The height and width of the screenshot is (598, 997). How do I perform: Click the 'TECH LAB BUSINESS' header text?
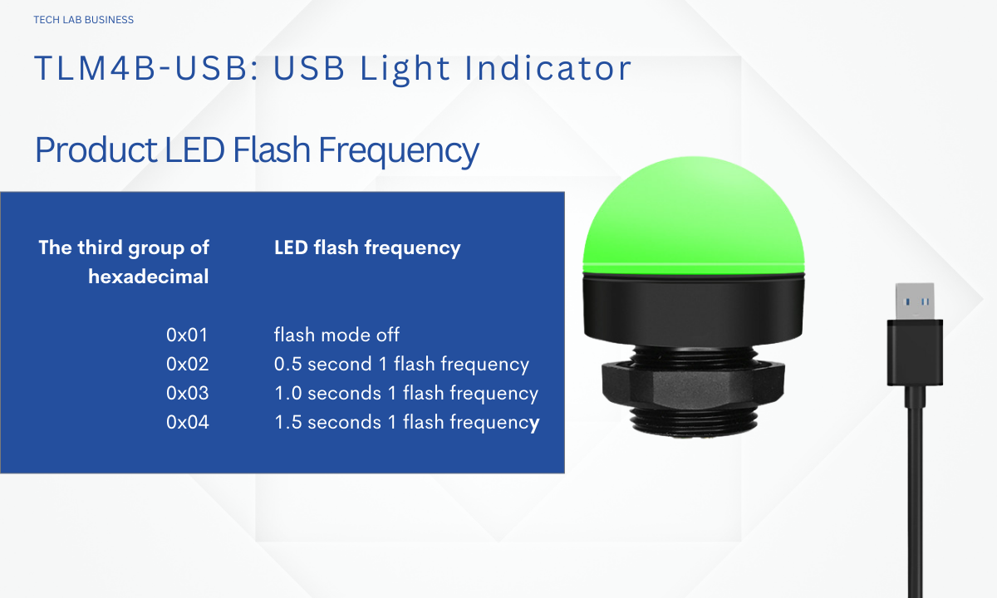pyautogui.click(x=83, y=20)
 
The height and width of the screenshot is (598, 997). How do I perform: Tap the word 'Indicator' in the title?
pyautogui.click(x=548, y=68)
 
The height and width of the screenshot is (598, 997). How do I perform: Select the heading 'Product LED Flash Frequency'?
pyautogui.click(x=257, y=150)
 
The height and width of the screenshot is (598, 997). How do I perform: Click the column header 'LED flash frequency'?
pyautogui.click(x=367, y=248)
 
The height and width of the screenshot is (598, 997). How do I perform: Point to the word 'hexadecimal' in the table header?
pyautogui.click(x=148, y=277)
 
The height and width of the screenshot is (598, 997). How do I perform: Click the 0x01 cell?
pyautogui.click(x=187, y=335)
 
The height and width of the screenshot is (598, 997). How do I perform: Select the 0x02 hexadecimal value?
pyautogui.click(x=187, y=364)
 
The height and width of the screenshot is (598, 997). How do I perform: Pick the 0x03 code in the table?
pyautogui.click(x=187, y=394)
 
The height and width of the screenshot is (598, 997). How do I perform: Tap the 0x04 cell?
pyautogui.click(x=187, y=422)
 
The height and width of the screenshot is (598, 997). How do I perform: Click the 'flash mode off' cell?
pyautogui.click(x=336, y=335)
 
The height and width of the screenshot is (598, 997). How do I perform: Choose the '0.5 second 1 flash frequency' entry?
pyautogui.click(x=401, y=365)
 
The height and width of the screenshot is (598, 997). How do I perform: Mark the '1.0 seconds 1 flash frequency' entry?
pyautogui.click(x=406, y=394)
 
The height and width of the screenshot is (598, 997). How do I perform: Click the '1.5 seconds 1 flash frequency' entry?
pyautogui.click(x=406, y=423)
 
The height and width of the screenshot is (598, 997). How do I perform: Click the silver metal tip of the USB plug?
pyautogui.click(x=915, y=301)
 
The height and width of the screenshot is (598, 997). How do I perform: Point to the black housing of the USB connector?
pyautogui.click(x=915, y=352)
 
